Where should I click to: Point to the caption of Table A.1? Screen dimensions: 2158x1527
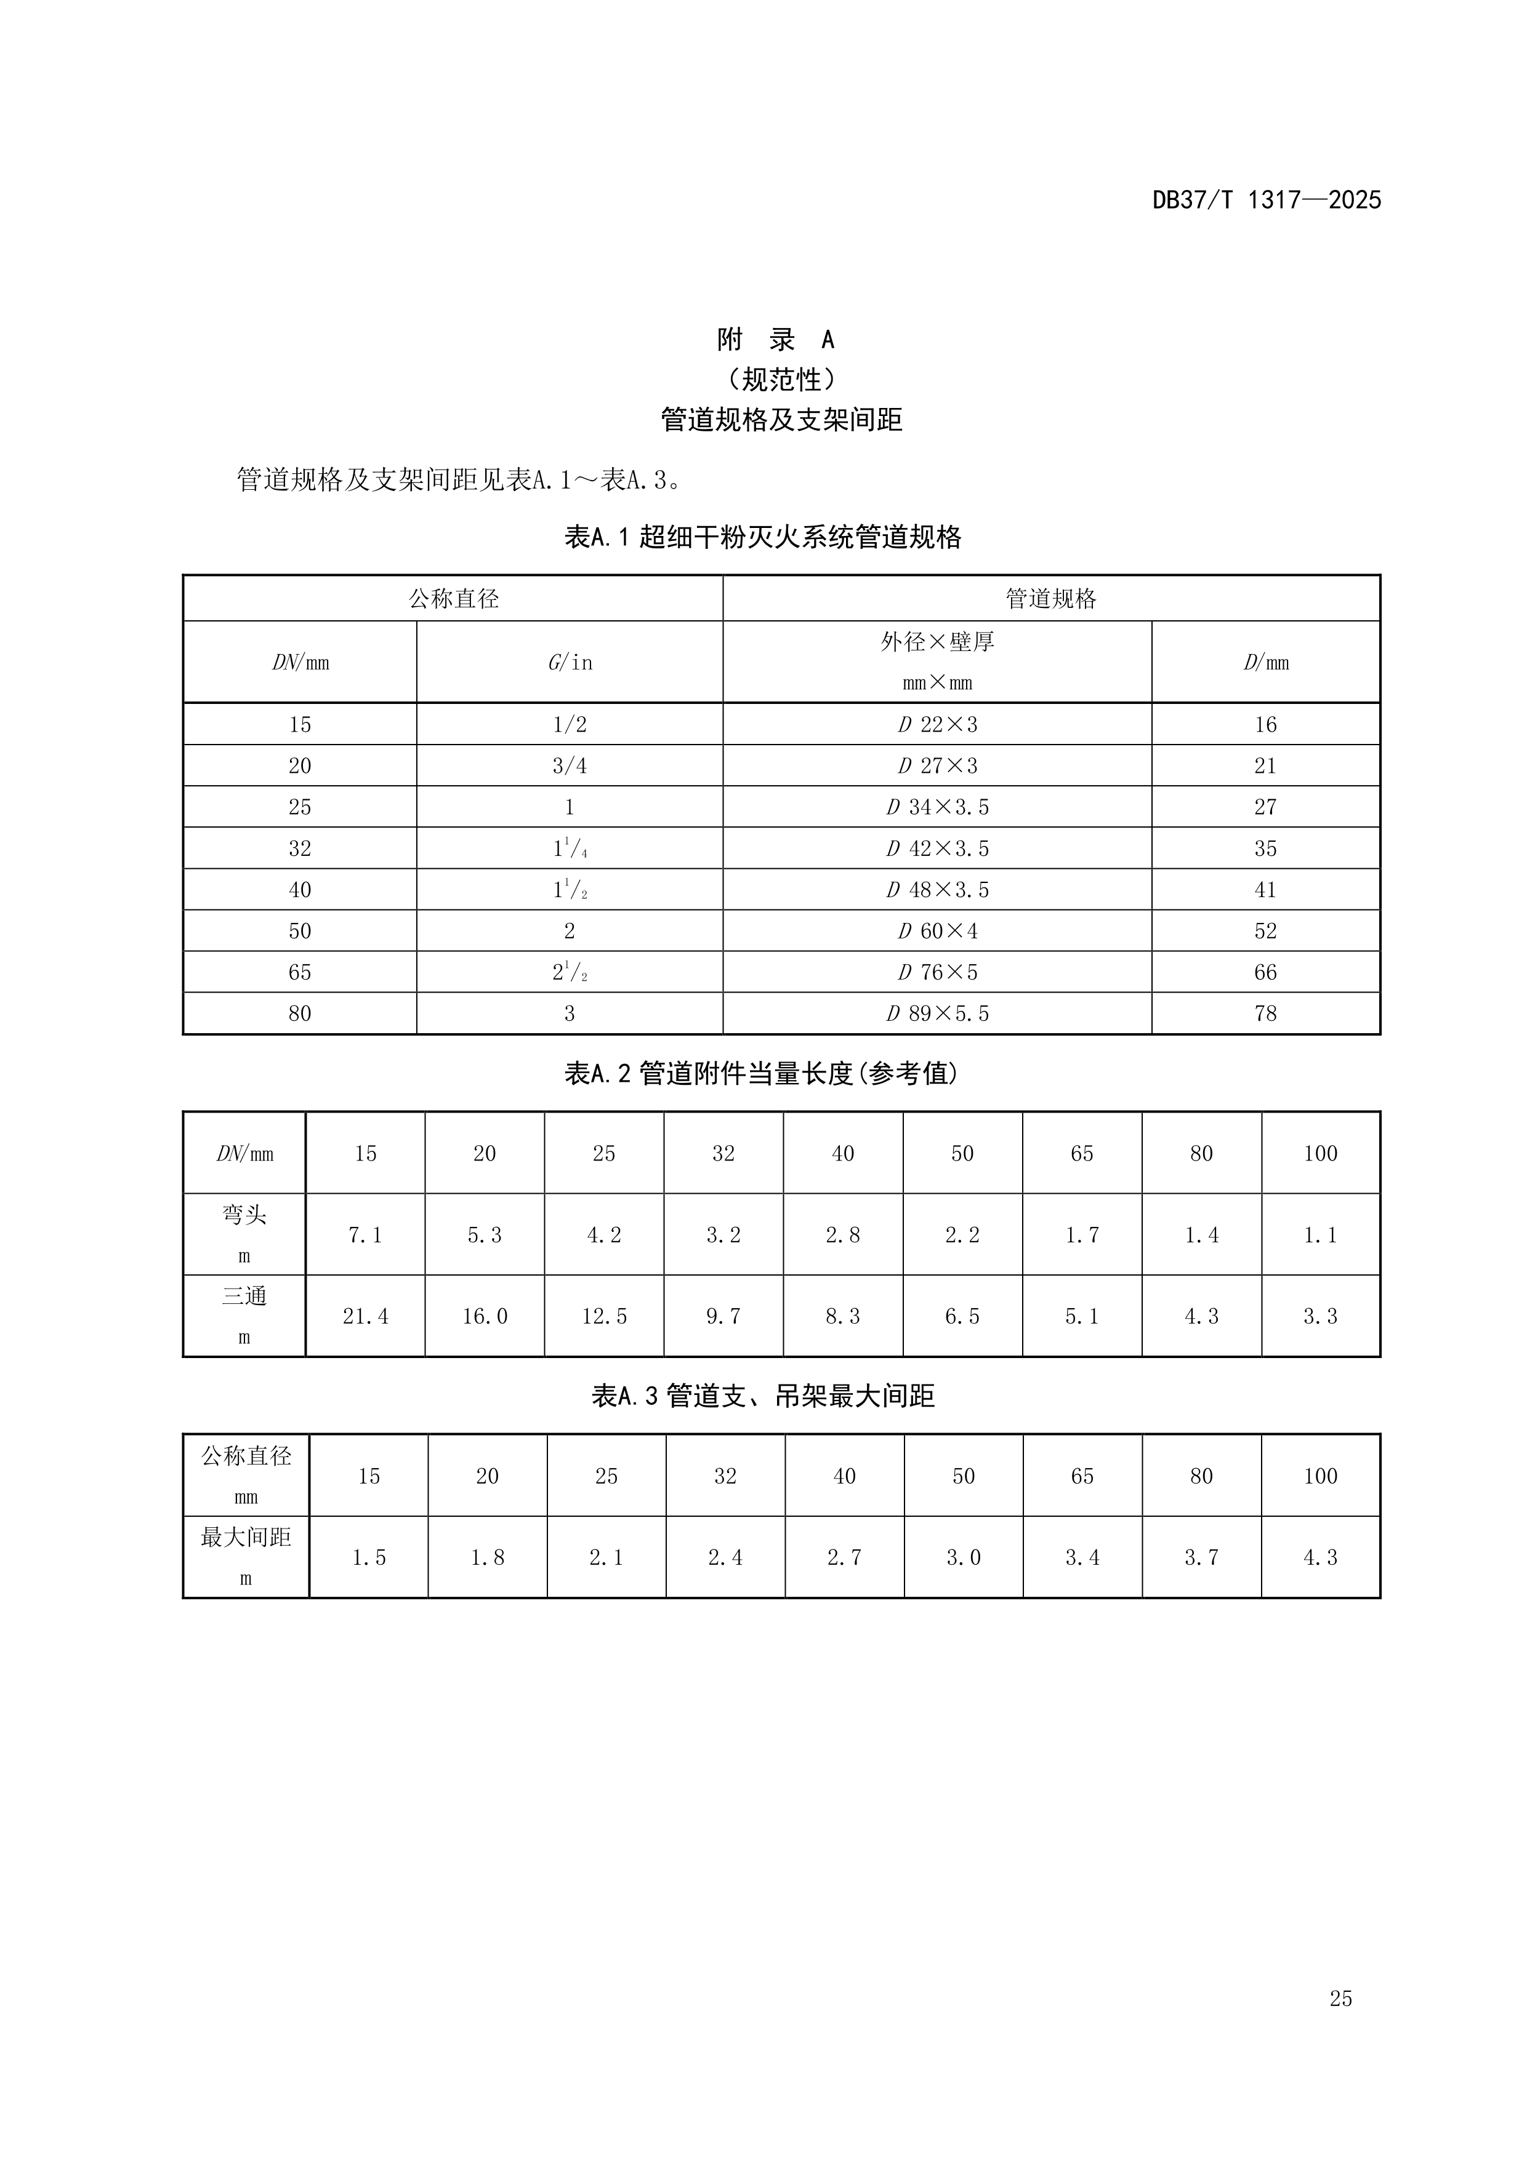coord(762,538)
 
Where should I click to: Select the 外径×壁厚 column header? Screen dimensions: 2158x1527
coord(937,642)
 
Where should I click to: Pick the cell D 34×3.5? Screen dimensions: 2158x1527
coord(937,807)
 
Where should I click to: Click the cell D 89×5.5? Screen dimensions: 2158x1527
coord(937,1013)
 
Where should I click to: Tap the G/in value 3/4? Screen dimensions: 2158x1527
coord(569,766)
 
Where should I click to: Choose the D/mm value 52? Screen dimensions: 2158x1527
coord(1265,932)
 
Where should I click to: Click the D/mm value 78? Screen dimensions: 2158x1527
coord(1265,1013)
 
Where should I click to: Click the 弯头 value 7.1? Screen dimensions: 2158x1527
coord(365,1235)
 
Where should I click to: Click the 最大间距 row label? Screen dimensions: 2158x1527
coord(246,1538)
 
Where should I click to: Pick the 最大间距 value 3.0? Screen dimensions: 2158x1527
coord(963,1557)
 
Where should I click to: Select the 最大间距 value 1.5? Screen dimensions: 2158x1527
coord(369,1557)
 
